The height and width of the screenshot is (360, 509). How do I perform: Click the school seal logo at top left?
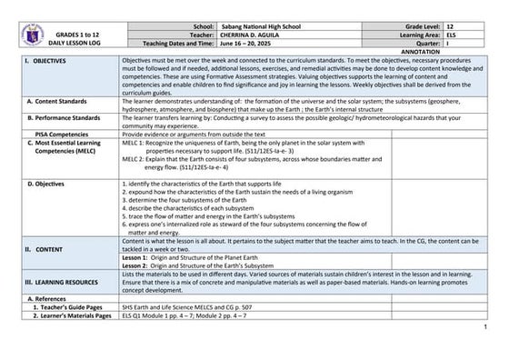point(32,35)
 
